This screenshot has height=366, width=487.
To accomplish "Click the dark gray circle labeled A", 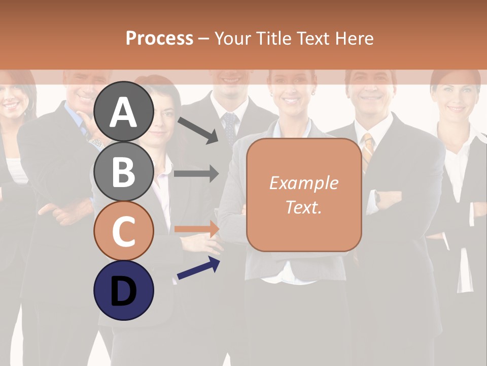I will pos(124,112).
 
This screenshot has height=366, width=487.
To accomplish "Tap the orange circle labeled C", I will pos(124,230).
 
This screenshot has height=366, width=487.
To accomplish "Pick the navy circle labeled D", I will pos(124,290).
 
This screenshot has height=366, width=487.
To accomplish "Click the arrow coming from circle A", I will pos(198,129).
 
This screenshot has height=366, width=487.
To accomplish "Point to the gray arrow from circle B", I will pos(197,173).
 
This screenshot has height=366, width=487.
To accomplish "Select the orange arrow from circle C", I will pos(197,229).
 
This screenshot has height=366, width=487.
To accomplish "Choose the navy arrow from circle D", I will pos(198,268).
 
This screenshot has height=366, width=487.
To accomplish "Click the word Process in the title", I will pos(159,38).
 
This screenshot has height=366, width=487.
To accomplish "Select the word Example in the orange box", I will pos(303,183).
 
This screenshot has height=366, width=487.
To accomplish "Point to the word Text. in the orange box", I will pos(303,207).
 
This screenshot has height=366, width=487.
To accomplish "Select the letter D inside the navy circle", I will pos(124,291).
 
